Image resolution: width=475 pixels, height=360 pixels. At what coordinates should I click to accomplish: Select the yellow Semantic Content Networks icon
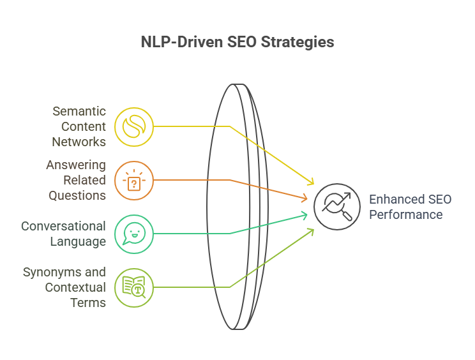pos(134,126)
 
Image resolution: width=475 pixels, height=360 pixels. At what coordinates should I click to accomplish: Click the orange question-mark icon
pos(134,181)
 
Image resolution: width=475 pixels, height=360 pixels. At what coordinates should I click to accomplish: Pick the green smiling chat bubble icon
pos(134,234)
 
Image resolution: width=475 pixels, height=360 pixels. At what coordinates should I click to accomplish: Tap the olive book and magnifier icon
pos(134,287)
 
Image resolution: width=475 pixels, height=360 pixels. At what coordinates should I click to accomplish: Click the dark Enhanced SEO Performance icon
pos(333,207)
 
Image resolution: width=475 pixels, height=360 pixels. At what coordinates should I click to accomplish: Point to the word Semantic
pos(79,112)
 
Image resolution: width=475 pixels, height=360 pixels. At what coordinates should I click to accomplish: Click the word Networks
pos(80,142)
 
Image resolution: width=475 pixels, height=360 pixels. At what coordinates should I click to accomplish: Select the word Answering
pos(76,165)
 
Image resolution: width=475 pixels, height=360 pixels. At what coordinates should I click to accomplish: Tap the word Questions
pos(77,195)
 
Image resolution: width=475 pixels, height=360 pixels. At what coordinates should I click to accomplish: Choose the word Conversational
pos(63,226)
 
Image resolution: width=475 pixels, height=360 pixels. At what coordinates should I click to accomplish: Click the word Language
pos(80,241)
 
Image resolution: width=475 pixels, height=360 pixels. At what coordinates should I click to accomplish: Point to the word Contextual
pos(75,287)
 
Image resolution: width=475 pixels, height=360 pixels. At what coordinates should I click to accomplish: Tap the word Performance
pos(405,214)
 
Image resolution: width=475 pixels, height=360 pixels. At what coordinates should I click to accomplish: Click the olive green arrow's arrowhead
pos(312,230)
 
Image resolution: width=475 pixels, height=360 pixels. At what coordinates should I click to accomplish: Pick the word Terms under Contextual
pos(88,303)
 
